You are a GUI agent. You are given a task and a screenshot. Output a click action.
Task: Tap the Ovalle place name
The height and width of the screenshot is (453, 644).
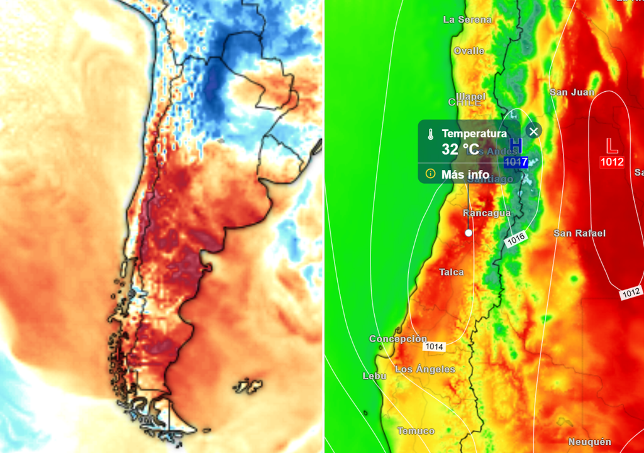pyautogui.click(x=469, y=50)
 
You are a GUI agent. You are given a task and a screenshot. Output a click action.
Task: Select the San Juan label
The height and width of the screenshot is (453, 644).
pyautogui.click(x=572, y=92)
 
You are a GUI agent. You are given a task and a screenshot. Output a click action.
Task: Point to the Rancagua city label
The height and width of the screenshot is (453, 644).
pyautogui.click(x=487, y=213)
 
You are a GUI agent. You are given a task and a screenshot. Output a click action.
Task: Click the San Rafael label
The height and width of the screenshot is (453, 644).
pyautogui.click(x=579, y=233)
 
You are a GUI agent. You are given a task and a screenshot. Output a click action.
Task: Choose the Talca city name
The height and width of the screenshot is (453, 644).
pyautogui.click(x=452, y=272)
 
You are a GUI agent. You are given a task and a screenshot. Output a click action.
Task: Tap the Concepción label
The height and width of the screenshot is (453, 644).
pyautogui.click(x=398, y=338)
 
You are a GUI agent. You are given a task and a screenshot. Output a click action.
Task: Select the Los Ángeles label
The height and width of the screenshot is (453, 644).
pyautogui.click(x=425, y=369)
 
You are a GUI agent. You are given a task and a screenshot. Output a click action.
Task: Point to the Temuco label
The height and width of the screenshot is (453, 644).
pyautogui.click(x=416, y=430)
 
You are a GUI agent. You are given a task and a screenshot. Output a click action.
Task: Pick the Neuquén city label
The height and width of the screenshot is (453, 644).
pyautogui.click(x=589, y=442)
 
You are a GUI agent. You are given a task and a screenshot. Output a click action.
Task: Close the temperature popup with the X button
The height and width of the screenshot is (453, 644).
pyautogui.click(x=533, y=131)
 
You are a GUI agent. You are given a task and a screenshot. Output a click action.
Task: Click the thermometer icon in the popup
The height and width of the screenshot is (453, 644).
pyautogui.click(x=431, y=134)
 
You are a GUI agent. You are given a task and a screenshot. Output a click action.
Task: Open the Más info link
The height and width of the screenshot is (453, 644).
pyautogui.click(x=465, y=174)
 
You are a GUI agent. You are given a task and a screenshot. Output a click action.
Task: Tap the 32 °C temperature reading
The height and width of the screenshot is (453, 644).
pyautogui.click(x=460, y=150)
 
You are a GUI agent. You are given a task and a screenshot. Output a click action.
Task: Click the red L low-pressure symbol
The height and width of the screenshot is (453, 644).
pyautogui.click(x=611, y=146)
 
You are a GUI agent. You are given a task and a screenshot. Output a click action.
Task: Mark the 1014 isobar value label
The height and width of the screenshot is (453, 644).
pyautogui.click(x=433, y=347)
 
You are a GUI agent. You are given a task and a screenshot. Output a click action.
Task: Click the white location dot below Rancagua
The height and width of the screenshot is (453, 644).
pyautogui.click(x=469, y=233)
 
